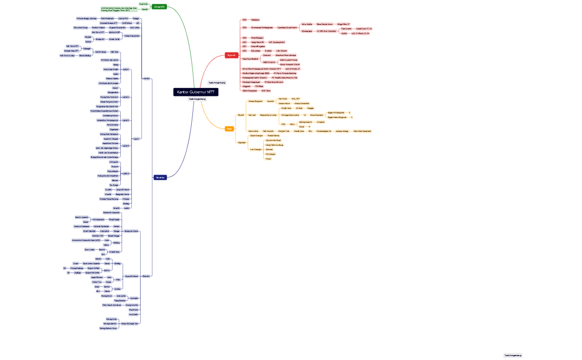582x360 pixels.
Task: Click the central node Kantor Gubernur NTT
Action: pyautogui.click(x=196, y=92)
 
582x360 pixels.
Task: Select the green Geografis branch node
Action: pyautogui.click(x=159, y=7)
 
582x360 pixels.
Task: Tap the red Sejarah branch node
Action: pyautogui.click(x=232, y=55)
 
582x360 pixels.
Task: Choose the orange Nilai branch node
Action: pyautogui.click(x=229, y=129)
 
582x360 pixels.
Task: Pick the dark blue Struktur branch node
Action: pyautogui.click(x=160, y=177)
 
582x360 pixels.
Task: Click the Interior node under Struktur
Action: pyautogui.click(x=146, y=79)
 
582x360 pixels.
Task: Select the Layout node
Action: pyautogui.click(x=136, y=138)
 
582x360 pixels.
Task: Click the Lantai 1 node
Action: pyautogui.click(x=126, y=70)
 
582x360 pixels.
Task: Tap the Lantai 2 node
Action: pyautogui.click(x=126, y=97)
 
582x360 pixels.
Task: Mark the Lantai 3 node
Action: pyautogui.click(x=126, y=120)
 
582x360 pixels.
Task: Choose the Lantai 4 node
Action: pyautogui.click(x=126, y=146)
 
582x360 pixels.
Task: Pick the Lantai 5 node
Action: pyautogui.click(x=126, y=173)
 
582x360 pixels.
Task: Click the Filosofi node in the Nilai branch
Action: pyautogui.click(x=241, y=115)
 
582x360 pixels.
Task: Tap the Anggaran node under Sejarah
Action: pyautogui.click(x=247, y=86)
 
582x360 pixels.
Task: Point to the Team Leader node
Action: pyautogui.click(x=346, y=28)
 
